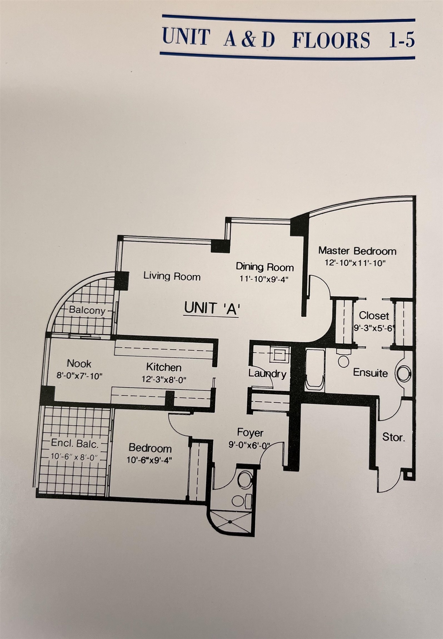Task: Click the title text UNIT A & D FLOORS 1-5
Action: (289, 38)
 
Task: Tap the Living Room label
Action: (172, 276)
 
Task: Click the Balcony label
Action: (87, 310)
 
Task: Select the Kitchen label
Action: (164, 367)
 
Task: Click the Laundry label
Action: (267, 374)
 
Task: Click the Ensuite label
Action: (370, 373)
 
